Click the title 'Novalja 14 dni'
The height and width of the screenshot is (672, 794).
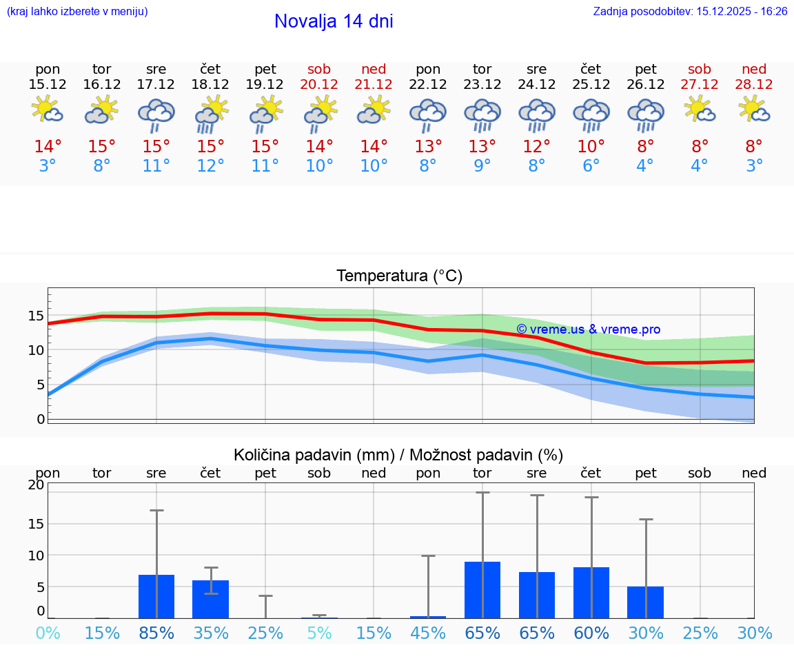[334, 21]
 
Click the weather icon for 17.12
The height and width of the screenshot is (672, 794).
[156, 115]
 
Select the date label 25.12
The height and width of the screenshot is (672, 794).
[591, 85]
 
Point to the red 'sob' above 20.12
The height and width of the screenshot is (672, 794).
[319, 69]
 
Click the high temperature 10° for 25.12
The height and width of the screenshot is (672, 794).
[591, 147]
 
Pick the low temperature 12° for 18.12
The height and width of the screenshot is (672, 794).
[210, 166]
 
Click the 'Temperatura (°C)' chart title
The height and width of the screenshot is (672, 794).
[399, 276]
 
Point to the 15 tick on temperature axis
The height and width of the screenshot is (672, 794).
[36, 316]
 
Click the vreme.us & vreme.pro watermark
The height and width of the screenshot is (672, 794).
[588, 329]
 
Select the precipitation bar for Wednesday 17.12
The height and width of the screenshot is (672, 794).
[156, 596]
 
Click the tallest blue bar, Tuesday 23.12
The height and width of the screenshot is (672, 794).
[482, 590]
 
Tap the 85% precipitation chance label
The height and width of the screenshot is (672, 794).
[156, 633]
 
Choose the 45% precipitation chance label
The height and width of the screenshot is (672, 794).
[428, 633]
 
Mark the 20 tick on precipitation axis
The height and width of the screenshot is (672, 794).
[36, 485]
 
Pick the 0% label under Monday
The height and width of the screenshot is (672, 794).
[48, 633]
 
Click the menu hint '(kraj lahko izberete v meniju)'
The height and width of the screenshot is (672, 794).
[77, 12]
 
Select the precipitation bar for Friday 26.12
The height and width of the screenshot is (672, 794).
[645, 602]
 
